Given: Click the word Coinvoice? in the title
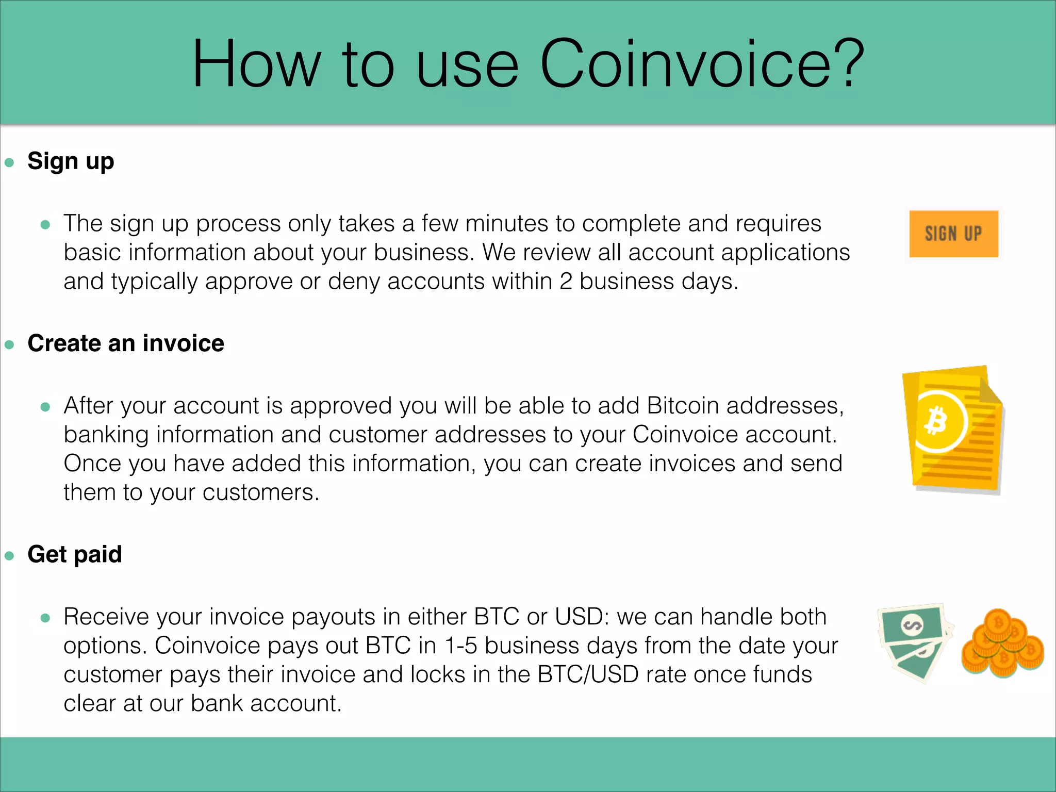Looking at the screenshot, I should (x=702, y=64).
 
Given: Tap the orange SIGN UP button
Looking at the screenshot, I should (x=953, y=234).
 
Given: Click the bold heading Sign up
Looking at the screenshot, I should (x=71, y=161).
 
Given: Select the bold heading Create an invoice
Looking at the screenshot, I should (x=126, y=343).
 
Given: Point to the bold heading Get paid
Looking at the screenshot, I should (x=75, y=554).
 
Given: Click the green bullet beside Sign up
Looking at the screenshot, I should (x=9, y=163).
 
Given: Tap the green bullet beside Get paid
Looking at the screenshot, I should (x=9, y=556).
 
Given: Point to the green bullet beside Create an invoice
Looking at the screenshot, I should (x=9, y=345).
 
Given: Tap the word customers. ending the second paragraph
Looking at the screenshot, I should (x=260, y=492).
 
